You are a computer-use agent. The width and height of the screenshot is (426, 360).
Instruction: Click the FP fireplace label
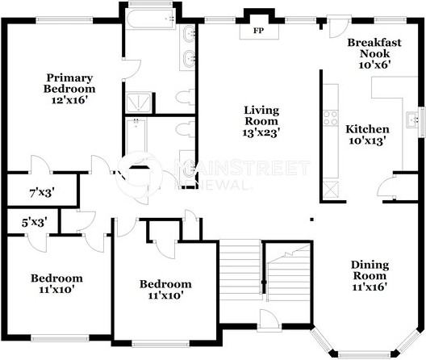tap(259, 31)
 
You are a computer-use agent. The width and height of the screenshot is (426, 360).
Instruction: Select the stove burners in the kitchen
tap(330, 118)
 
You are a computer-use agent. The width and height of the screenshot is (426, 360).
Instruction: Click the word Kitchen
tap(367, 129)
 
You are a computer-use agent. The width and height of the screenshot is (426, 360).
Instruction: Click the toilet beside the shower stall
tap(183, 98)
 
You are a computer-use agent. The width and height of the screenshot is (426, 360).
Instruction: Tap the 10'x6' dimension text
tap(370, 65)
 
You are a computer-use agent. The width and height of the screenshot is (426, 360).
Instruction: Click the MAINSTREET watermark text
tap(241, 168)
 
